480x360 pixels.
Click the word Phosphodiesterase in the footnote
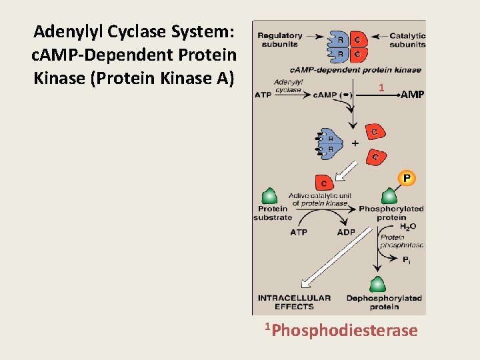(345, 330)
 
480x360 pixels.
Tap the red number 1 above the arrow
(381, 87)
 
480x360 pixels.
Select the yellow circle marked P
(407, 177)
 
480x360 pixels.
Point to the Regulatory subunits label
(279, 40)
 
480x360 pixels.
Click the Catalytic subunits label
(407, 40)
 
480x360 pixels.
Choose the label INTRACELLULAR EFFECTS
(294, 302)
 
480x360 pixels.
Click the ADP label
(346, 232)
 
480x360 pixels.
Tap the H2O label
(407, 227)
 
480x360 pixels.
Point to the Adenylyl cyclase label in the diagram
(289, 85)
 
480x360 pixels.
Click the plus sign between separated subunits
(355, 143)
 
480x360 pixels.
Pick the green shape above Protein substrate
(269, 195)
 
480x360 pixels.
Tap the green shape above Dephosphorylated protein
(377, 284)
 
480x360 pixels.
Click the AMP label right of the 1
(412, 95)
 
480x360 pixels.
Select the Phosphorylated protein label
(391, 213)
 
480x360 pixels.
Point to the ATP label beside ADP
(299, 232)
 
